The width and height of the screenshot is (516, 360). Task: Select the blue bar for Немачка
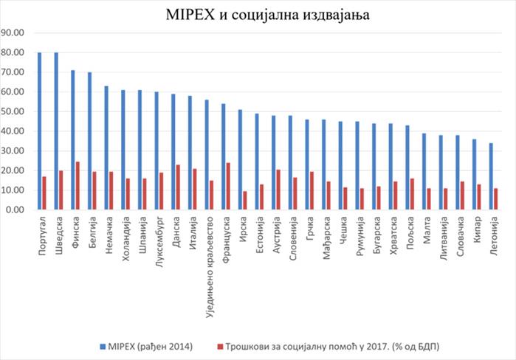pos(106,148)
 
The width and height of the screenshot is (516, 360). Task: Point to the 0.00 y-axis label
pos(16,210)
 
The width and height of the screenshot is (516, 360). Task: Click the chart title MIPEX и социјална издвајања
pos(258,14)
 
